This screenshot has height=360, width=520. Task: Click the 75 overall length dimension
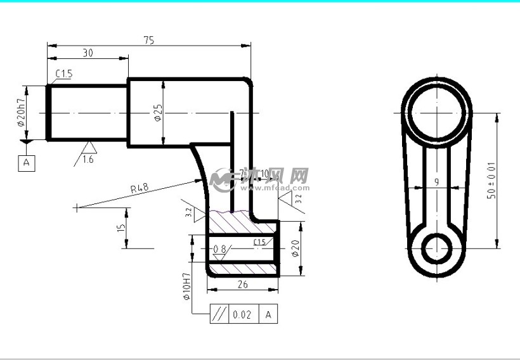148,40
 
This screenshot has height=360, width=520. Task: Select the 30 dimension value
88,54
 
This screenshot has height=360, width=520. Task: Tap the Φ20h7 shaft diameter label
21,112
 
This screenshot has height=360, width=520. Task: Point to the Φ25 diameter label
157,113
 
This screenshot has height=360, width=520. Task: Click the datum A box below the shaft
27,163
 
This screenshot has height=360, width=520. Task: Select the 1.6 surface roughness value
88,160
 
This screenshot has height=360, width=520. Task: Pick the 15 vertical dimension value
121,227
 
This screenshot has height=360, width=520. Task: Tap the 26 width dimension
242,285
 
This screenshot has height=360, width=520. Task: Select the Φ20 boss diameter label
294,248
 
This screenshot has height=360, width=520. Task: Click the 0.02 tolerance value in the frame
242,314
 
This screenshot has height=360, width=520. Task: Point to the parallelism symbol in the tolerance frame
219,314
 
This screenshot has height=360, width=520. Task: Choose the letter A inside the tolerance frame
268,314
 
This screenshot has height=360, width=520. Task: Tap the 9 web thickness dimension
436,182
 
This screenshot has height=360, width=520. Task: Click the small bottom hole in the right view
436,248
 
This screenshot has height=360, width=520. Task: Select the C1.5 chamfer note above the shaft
64,74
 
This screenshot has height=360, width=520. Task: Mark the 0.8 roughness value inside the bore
219,249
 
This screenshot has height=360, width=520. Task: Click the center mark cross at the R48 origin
77,207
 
